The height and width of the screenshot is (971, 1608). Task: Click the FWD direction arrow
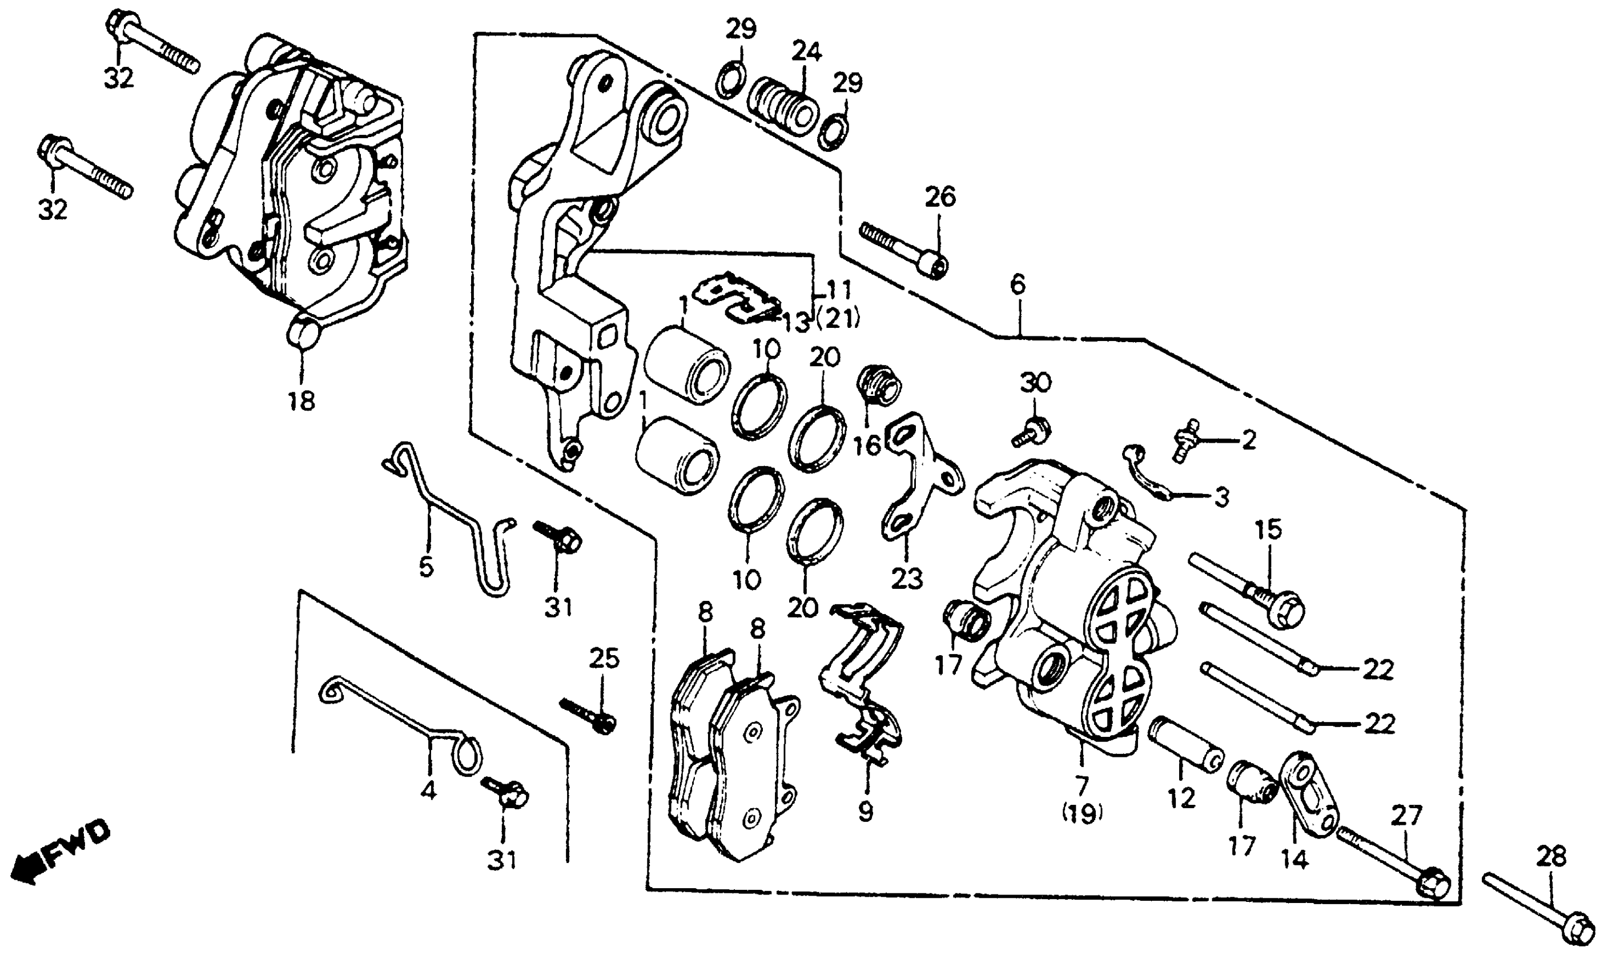pyautogui.click(x=59, y=852)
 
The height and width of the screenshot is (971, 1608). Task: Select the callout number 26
pyautogui.click(x=940, y=197)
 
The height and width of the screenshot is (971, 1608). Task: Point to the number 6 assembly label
pyautogui.click(x=1018, y=284)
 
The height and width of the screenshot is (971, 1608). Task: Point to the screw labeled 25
pyautogui.click(x=588, y=716)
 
